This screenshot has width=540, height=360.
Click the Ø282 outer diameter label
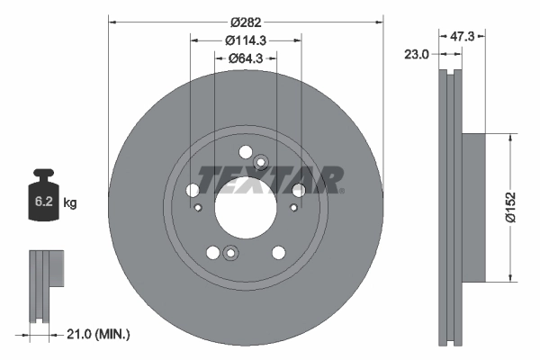246,20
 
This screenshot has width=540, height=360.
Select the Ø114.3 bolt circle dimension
246,40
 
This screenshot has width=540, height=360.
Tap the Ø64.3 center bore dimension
246,59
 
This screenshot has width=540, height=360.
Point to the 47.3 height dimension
461,37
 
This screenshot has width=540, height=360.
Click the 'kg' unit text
70,203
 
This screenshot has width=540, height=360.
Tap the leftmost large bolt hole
192,191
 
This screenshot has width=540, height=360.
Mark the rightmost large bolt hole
298,189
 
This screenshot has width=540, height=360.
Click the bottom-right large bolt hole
277,252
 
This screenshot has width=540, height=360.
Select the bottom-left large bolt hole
212,253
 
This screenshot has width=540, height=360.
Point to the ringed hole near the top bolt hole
261,163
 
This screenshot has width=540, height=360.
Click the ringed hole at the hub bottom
229,253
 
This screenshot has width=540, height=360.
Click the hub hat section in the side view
472,206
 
